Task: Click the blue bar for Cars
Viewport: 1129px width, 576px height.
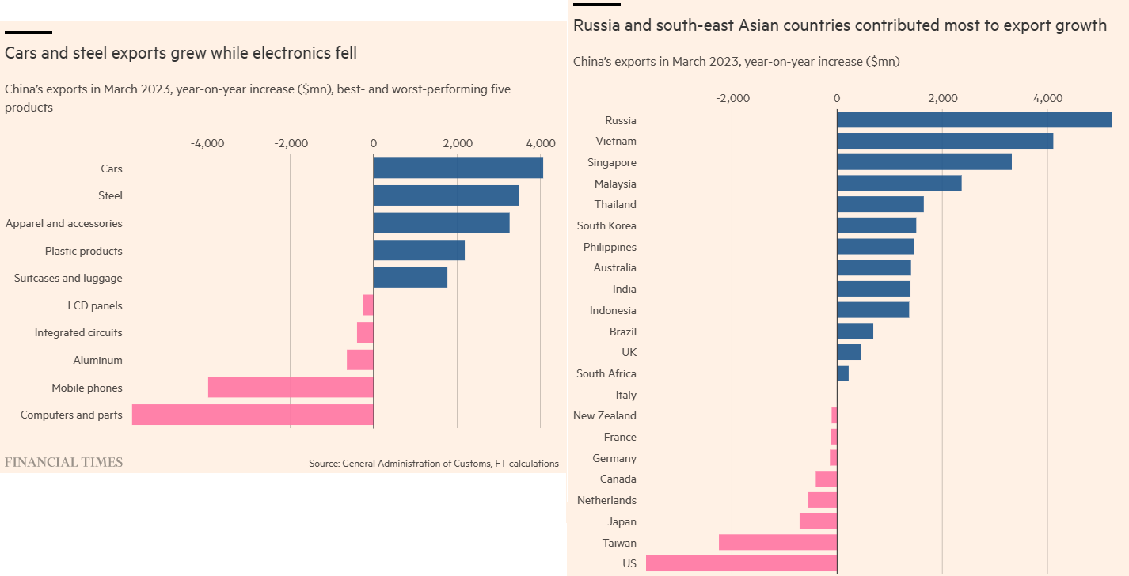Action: (x=458, y=169)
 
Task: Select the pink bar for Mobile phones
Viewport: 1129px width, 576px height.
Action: (x=291, y=388)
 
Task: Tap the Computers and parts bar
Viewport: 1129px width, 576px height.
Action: (x=253, y=415)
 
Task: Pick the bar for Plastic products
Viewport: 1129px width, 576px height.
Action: (x=419, y=251)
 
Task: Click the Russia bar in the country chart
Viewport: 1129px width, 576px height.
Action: (x=974, y=120)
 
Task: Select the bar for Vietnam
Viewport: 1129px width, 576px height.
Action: (x=945, y=141)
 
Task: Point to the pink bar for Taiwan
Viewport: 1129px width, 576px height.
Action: (x=777, y=543)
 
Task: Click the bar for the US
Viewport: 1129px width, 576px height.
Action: (x=741, y=563)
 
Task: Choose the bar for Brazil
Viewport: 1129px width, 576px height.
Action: (x=855, y=332)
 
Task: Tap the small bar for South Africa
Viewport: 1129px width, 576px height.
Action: (x=843, y=373)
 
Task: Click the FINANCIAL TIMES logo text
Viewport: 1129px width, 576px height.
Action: (x=64, y=462)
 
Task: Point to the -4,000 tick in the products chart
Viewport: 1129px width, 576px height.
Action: (x=207, y=144)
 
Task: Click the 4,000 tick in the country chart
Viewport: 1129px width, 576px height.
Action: (x=1047, y=99)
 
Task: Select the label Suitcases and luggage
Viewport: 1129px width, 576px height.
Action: (x=68, y=279)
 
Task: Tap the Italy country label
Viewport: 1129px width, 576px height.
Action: (x=625, y=395)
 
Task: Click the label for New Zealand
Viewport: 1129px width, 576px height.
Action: (x=605, y=415)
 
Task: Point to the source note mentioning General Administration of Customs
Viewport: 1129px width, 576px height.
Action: (x=434, y=464)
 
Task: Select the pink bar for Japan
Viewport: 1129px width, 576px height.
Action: (x=818, y=521)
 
